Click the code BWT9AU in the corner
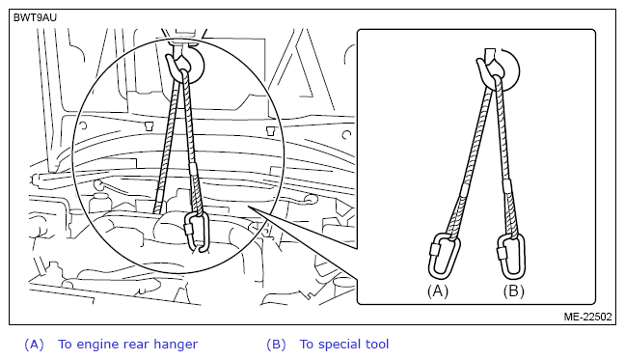[35, 18]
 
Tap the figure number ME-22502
[587, 317]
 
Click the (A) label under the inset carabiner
[438, 291]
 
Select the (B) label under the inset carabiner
[513, 291]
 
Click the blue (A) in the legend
[34, 345]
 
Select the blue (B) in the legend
[276, 345]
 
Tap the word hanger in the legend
[176, 345]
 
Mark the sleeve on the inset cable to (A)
[465, 189]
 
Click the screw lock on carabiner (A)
[434, 249]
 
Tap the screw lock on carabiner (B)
[502, 252]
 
